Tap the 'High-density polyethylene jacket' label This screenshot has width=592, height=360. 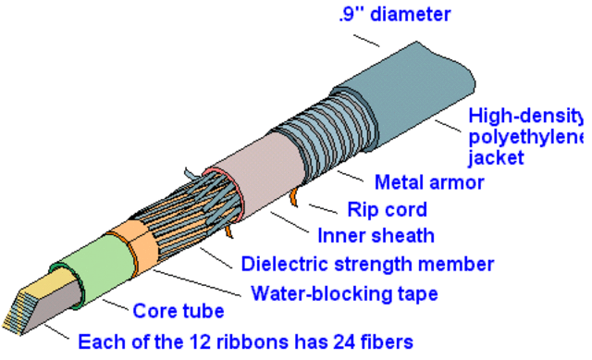(527, 137)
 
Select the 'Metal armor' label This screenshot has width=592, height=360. (429, 181)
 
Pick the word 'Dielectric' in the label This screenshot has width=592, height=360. (283, 264)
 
